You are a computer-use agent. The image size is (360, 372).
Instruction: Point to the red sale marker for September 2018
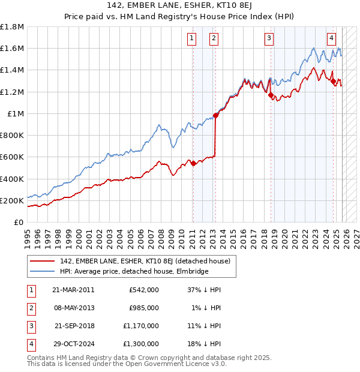pyautogui.click(x=271, y=95)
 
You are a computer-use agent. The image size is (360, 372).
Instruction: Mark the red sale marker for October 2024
pyautogui.click(x=333, y=81)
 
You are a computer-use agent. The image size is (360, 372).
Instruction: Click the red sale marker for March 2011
pyautogui.click(x=194, y=163)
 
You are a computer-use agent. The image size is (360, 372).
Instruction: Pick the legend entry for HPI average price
pyautogui.click(x=134, y=272)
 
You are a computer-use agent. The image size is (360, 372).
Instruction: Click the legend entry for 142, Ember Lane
pyautogui.click(x=149, y=261)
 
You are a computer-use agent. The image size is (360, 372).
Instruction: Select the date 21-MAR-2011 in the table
pyautogui.click(x=73, y=290)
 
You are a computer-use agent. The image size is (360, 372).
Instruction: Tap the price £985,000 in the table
pyautogui.click(x=144, y=308)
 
